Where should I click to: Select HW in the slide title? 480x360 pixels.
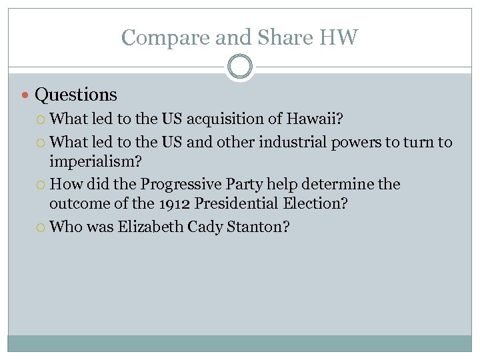click(x=339, y=37)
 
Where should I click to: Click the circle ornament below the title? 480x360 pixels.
click(x=240, y=67)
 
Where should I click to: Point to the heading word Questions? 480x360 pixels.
click(x=76, y=95)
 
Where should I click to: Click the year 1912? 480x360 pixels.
click(x=173, y=204)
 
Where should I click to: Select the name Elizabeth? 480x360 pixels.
click(x=150, y=227)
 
